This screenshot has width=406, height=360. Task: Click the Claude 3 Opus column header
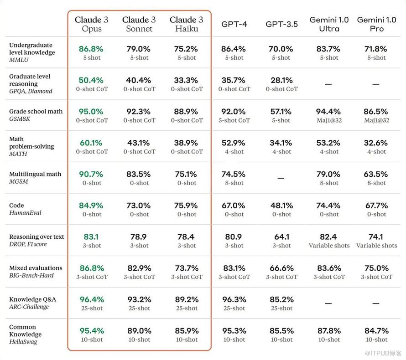(x=92, y=24)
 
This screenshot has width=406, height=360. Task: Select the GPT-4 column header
(x=234, y=24)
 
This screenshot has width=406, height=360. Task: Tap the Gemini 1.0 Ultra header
(x=329, y=24)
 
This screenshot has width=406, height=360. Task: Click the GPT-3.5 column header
(x=281, y=24)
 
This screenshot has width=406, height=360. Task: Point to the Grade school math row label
(x=36, y=115)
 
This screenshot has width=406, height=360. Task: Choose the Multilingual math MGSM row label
(x=35, y=178)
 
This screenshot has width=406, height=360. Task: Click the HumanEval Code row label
(x=25, y=209)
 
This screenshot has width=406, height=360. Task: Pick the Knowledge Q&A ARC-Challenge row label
(x=32, y=303)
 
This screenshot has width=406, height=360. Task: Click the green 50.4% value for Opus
(x=91, y=80)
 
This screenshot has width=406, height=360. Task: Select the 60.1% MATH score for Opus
(x=91, y=143)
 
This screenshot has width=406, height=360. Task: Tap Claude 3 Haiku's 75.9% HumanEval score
(x=187, y=206)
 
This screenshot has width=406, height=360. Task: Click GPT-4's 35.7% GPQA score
(x=234, y=80)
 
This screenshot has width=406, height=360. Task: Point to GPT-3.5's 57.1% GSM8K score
(x=281, y=112)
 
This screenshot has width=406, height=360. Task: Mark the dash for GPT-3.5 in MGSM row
(x=281, y=178)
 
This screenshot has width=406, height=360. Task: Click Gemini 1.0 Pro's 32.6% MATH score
(x=376, y=143)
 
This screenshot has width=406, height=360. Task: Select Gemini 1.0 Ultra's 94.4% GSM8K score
(x=328, y=112)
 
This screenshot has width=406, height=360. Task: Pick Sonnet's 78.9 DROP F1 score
(x=139, y=237)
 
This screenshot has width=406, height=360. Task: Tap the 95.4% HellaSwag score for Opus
(x=92, y=330)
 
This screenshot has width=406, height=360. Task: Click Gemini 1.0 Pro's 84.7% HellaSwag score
(x=376, y=330)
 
